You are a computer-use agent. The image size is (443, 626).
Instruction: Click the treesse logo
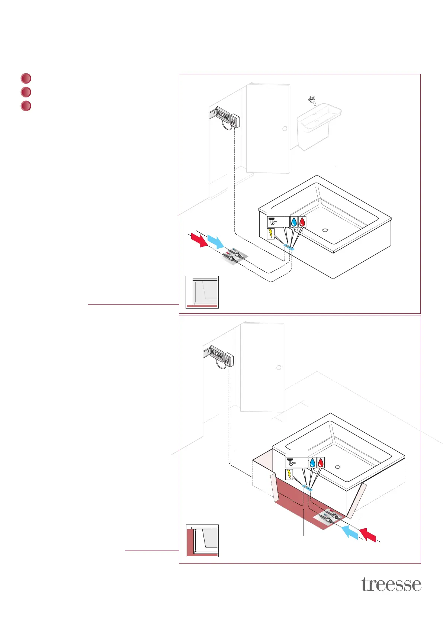(391, 584)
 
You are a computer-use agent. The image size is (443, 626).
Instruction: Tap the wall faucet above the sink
(312, 100)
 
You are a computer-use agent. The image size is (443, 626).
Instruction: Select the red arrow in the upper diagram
(199, 240)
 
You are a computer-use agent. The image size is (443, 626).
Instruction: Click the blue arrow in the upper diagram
(215, 242)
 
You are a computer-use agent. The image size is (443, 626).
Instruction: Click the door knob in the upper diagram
(285, 129)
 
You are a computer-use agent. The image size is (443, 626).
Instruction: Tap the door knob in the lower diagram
(279, 368)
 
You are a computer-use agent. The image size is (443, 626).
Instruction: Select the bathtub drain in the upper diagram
(325, 230)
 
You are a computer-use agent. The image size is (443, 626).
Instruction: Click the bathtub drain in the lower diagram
(338, 467)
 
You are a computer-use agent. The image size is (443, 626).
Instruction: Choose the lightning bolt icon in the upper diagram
(271, 233)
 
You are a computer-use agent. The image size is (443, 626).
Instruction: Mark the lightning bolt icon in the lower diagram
(289, 474)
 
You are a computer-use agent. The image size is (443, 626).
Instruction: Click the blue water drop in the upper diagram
(294, 222)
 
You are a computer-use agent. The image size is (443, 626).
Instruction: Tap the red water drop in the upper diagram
(303, 222)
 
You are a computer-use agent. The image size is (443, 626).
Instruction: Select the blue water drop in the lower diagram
(312, 462)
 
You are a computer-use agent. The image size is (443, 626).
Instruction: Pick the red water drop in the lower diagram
(321, 462)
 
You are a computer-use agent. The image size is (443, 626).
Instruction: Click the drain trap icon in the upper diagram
(274, 221)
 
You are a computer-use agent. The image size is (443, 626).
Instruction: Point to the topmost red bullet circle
(26, 78)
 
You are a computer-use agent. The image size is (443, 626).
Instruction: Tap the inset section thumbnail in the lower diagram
(202, 541)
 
